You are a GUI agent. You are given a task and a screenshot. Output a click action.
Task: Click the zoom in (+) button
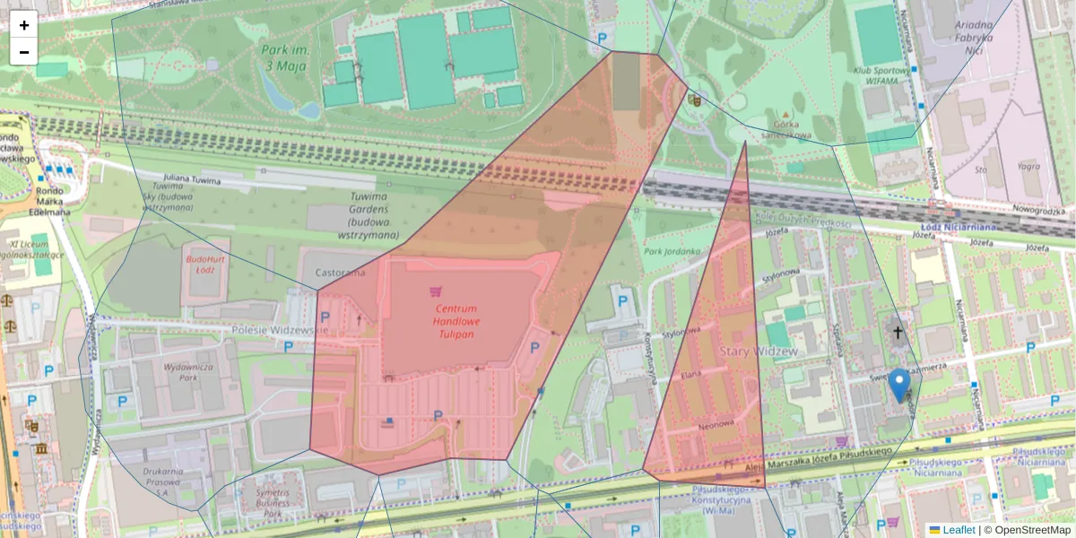(x=23, y=25)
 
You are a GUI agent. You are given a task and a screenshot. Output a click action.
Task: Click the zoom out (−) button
(x=23, y=52)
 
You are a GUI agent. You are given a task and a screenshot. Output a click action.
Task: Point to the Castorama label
(x=341, y=272)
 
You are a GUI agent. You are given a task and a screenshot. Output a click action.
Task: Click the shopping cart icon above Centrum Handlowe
(x=436, y=291)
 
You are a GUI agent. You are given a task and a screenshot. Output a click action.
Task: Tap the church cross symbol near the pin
(x=898, y=333)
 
